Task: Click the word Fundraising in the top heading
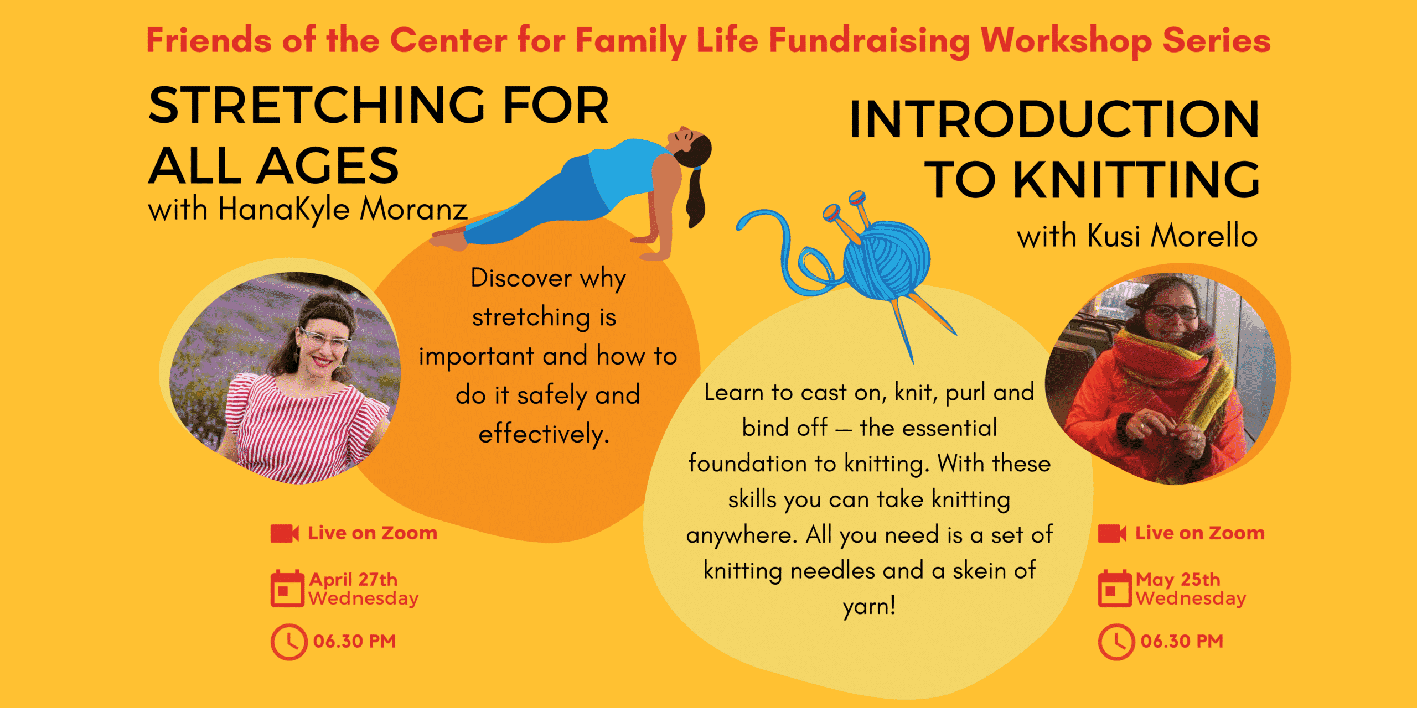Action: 869,41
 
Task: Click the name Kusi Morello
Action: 1172,236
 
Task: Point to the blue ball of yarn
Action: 887,260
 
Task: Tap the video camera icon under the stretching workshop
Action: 285,533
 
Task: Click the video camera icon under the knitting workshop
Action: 1112,533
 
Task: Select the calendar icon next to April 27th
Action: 287,589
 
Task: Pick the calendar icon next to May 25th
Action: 1115,589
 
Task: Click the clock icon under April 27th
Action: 288,642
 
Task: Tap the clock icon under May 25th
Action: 1116,642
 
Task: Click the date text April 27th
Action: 353,579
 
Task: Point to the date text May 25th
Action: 1178,579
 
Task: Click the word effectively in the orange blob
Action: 544,434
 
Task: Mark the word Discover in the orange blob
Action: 521,278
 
